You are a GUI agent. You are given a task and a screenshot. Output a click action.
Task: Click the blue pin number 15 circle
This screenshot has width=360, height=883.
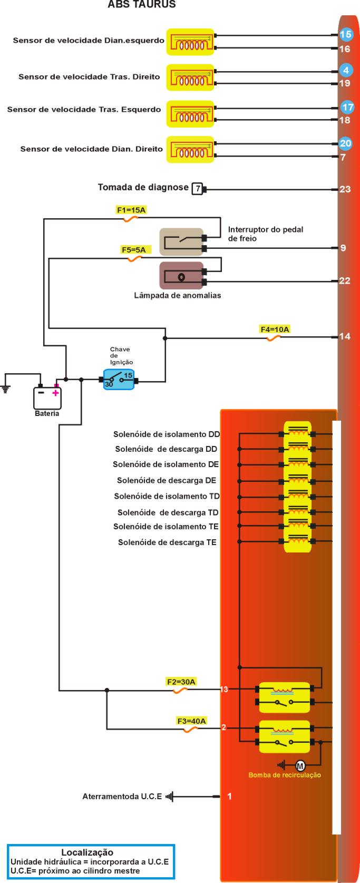point(345,35)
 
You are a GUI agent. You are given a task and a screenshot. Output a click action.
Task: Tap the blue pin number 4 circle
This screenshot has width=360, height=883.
point(346,70)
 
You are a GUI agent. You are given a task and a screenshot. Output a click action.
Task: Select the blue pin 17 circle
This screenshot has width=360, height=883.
point(347,107)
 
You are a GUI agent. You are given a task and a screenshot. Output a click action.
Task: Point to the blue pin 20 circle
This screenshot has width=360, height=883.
point(345,143)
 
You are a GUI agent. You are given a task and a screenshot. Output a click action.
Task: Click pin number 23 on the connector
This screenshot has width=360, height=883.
point(345,189)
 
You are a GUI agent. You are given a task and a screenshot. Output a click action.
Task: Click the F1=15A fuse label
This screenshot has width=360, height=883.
point(131,210)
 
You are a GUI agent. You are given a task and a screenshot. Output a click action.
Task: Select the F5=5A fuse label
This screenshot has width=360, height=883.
point(133,250)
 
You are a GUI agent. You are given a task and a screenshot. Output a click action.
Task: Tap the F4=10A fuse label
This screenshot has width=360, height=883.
point(275,329)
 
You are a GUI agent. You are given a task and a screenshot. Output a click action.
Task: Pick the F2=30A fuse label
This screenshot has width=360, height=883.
point(181,682)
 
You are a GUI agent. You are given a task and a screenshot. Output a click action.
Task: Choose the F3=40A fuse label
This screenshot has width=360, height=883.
point(191,721)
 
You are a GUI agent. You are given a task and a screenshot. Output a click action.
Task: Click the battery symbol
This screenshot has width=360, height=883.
point(47,398)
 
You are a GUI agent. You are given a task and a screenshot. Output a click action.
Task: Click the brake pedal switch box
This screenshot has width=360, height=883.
point(181,242)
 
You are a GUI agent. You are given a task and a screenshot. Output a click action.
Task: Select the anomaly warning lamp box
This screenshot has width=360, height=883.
point(181,276)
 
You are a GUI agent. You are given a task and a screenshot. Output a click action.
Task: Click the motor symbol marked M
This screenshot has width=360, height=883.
point(300,765)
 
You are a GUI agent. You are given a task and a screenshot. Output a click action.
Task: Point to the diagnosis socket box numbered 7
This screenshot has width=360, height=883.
point(197,188)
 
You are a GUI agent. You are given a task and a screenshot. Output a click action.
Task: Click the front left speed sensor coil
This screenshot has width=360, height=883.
point(190,42)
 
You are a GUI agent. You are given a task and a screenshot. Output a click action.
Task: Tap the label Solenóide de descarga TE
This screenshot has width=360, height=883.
point(167,542)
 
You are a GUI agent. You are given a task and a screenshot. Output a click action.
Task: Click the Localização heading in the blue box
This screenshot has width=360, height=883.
point(87,852)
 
